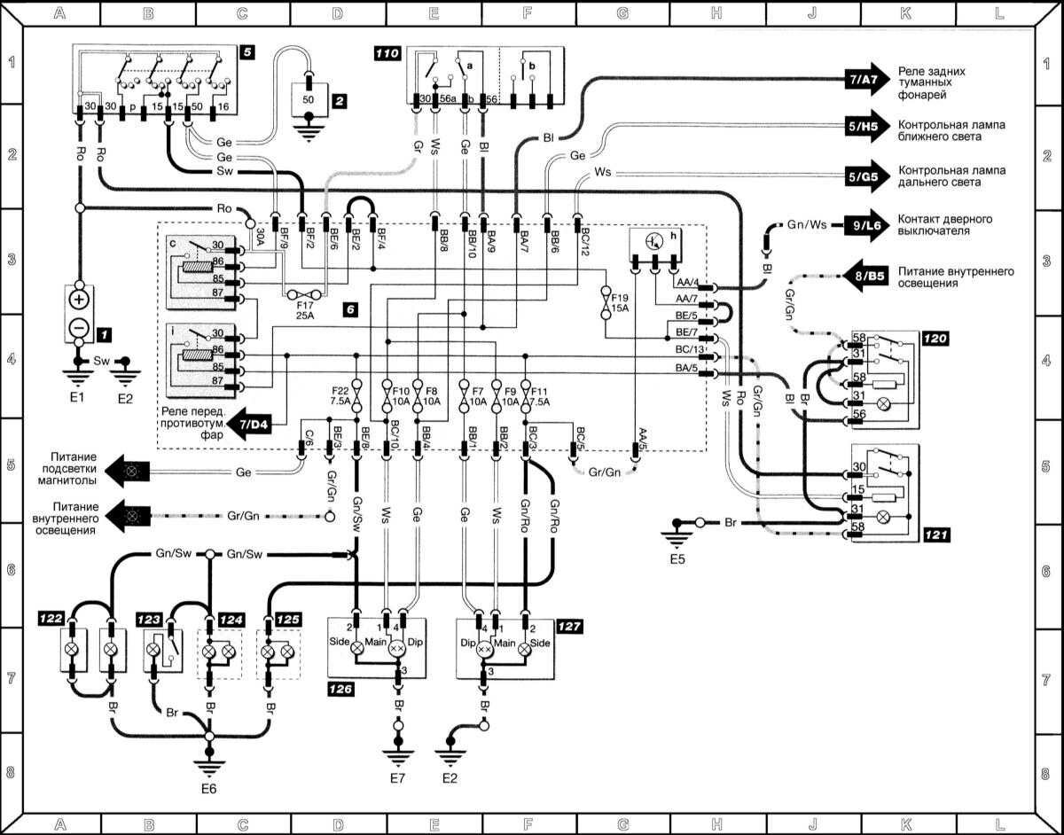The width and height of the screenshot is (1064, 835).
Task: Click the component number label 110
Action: pos(387,54)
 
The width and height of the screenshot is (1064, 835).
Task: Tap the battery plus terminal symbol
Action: pos(78,299)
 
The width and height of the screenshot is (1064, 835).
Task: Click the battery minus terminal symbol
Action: pos(78,328)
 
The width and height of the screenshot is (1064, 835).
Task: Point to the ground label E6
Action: pos(209,787)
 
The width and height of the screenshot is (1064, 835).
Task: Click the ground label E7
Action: pos(398,779)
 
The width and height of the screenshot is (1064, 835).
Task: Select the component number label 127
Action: pos(571,625)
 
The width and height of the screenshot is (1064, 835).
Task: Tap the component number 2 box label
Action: pos(339,101)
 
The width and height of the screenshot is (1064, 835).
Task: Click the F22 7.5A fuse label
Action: pos(340,395)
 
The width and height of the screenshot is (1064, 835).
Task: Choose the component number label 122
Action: pos(50,617)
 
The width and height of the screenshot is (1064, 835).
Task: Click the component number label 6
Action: pos(352,310)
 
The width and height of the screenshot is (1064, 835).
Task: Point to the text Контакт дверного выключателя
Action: pos(944,224)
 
